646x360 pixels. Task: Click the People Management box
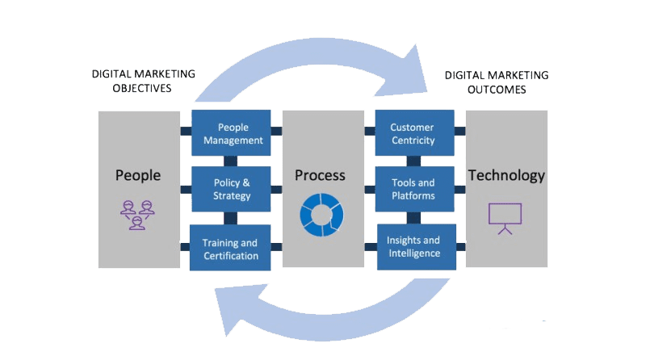click(233, 133)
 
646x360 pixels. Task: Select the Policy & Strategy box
click(233, 189)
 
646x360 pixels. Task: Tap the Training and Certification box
click(230, 249)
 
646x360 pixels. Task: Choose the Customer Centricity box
click(412, 133)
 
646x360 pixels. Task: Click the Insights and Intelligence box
click(413, 246)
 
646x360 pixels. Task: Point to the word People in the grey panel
click(138, 175)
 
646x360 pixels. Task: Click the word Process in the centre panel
click(320, 175)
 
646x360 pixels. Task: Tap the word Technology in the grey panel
click(507, 175)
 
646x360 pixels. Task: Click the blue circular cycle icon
click(321, 215)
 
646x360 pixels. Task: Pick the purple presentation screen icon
click(505, 217)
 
